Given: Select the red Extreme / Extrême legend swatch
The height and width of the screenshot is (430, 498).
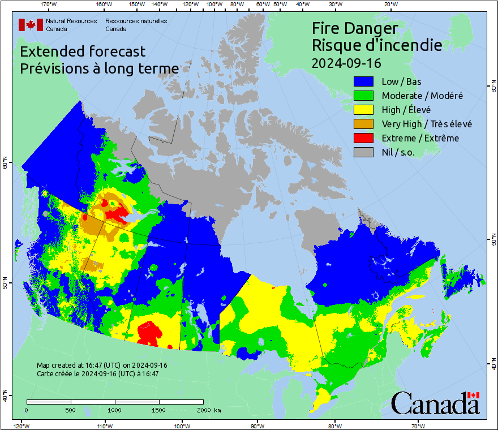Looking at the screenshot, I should tap(363, 138).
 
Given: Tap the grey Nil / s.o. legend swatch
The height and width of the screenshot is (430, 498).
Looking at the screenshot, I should tap(363, 152).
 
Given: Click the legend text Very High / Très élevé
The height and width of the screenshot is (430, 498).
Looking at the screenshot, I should tap(427, 124).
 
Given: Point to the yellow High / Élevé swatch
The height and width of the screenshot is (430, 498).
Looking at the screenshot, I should tap(363, 110).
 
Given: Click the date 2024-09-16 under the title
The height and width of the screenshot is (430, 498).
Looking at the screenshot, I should tap(346, 62).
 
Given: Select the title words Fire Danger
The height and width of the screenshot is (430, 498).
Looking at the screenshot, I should tap(355, 28).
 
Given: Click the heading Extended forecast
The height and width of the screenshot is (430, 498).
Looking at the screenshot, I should tap(83, 51).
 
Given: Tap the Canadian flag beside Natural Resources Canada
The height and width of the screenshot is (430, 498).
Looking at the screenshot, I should tap(31, 25).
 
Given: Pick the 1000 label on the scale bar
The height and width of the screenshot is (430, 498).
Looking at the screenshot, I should tap(115, 410).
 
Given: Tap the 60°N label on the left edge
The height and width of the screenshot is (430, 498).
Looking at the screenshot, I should tap(6, 164).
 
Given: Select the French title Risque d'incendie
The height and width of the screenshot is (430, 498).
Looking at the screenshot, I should tap(377, 45).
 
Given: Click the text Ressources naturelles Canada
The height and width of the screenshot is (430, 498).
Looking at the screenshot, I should tap(132, 25).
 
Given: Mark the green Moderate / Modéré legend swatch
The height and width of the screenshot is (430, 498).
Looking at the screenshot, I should tap(363, 96).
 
